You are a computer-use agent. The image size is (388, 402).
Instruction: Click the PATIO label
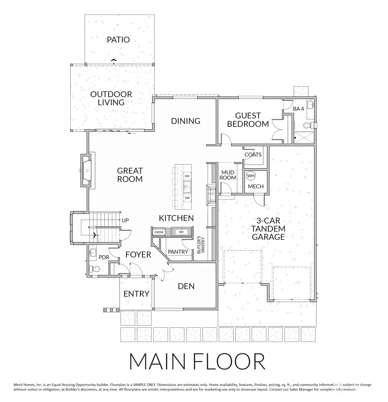pos(118,40)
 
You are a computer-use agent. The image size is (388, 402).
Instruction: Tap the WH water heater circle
pos(251,176)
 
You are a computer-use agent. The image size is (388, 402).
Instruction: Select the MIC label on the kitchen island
pos(187,176)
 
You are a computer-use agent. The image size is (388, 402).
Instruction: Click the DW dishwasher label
pos(187,198)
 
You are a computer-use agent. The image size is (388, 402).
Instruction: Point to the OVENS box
pos(159,232)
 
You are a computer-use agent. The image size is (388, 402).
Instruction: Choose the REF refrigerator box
pos(182,232)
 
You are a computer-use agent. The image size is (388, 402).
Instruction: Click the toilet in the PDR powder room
pos(95,268)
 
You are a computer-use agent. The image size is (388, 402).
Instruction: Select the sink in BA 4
pos(310,105)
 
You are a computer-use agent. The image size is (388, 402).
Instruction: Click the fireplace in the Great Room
pos(87,170)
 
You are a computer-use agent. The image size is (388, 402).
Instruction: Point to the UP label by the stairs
pos(125,221)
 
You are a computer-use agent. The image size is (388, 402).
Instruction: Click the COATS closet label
pos(253,155)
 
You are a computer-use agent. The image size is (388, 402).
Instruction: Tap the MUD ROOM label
pos(228,175)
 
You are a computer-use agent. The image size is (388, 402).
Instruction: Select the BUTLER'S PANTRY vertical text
pos(200,245)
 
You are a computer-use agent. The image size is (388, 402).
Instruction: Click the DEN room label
pos(186,286)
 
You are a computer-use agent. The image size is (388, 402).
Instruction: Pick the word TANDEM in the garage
pos(268,229)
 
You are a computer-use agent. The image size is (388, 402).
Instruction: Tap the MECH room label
pos(256,187)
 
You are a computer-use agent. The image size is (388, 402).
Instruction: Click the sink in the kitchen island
pos(187,187)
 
